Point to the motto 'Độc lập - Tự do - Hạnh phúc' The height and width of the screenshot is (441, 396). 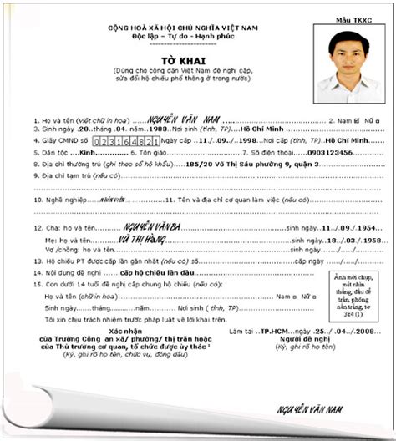click(x=198, y=38)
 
